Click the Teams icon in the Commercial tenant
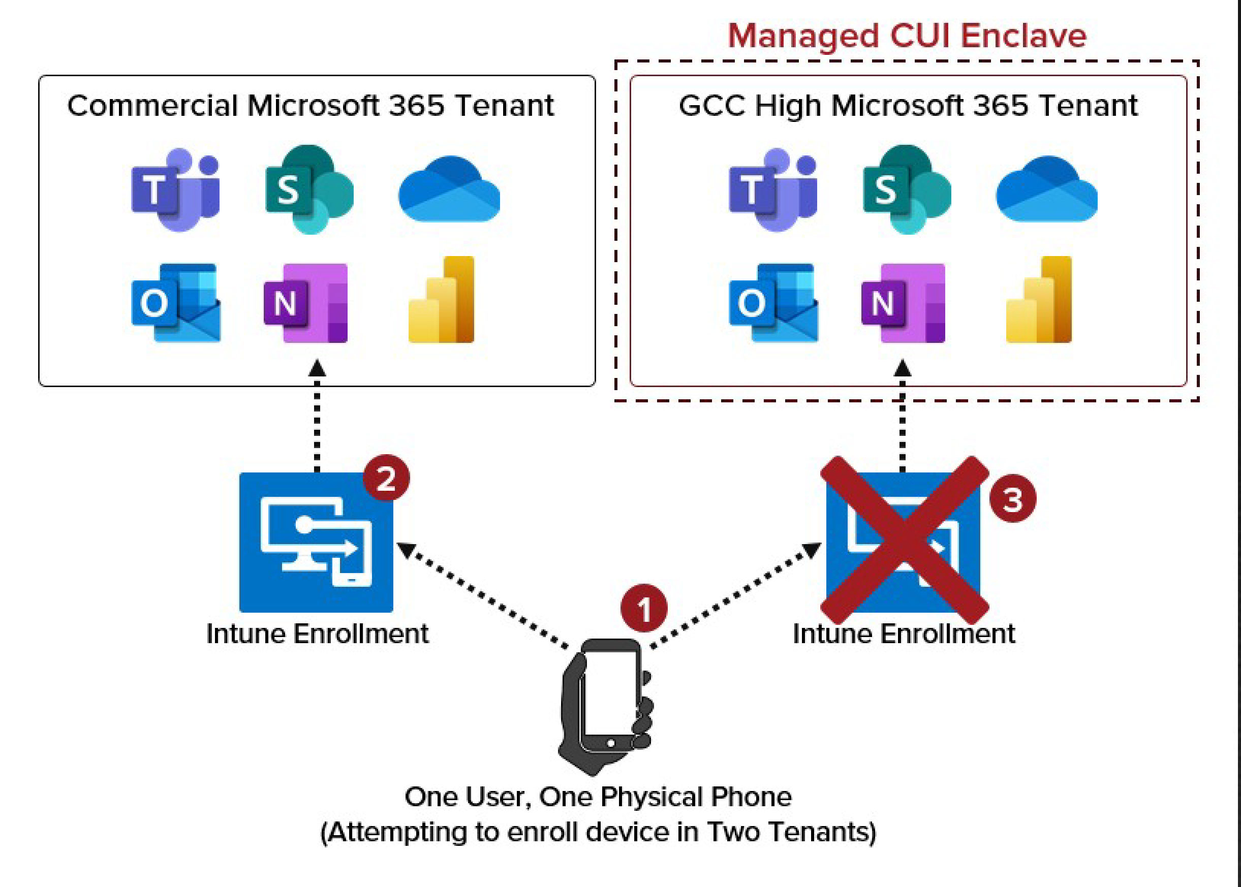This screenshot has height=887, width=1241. click(x=175, y=189)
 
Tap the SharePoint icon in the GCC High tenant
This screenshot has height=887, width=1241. click(x=907, y=189)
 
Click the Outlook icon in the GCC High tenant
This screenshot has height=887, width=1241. click(x=773, y=303)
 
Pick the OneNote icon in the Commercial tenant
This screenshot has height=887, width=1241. click(x=306, y=303)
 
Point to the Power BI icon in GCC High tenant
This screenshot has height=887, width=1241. click(x=1039, y=300)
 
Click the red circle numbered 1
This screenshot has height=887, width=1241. click(x=644, y=609)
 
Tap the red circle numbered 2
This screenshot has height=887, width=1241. click(x=386, y=478)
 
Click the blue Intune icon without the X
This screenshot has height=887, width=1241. click(x=316, y=542)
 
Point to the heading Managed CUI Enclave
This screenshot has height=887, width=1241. click(x=907, y=36)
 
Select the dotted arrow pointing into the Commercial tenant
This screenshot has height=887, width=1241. click(x=317, y=415)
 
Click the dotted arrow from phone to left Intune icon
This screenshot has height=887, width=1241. click(x=483, y=595)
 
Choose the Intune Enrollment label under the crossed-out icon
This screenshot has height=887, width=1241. click(x=904, y=634)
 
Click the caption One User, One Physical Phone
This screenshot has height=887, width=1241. click(x=598, y=797)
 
